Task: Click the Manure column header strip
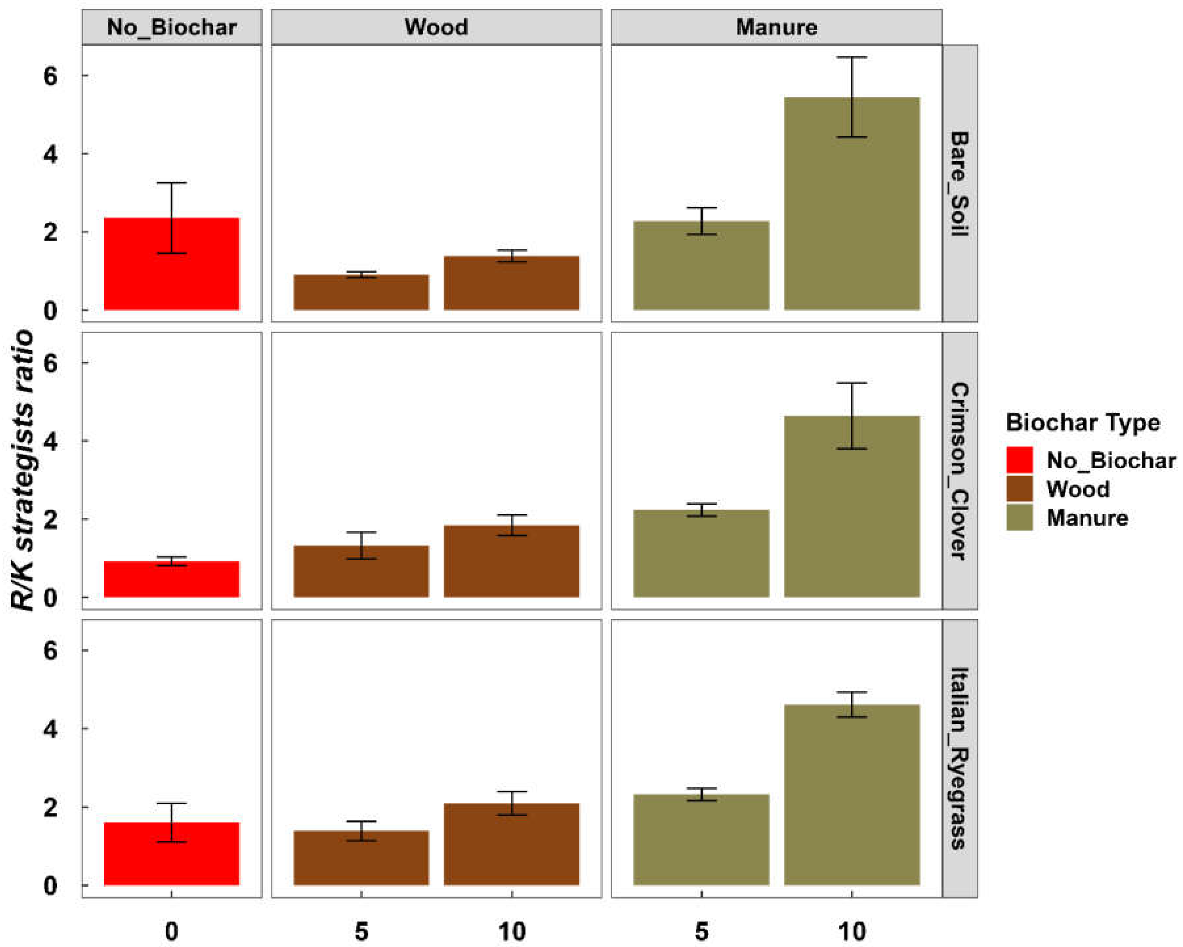click(x=776, y=27)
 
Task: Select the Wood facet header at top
click(x=436, y=27)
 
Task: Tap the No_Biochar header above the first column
click(x=172, y=27)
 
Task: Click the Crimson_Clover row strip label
click(x=959, y=471)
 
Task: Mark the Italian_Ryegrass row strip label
click(x=959, y=758)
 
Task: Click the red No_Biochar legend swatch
click(x=1019, y=460)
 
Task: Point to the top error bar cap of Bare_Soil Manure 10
click(x=852, y=57)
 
